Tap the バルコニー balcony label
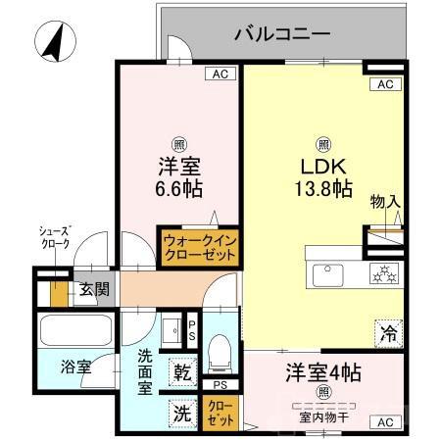coord(282,36)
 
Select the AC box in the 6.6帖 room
coord(220,73)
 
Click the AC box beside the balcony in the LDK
coord(385,85)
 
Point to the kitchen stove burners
coord(384,273)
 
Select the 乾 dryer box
coord(183,373)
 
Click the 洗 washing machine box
coord(183,413)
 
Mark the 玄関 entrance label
coord(94,289)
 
